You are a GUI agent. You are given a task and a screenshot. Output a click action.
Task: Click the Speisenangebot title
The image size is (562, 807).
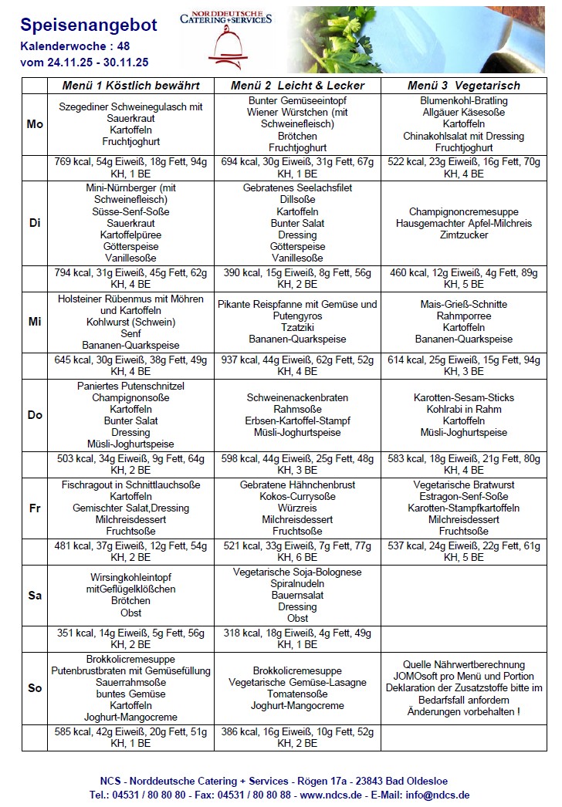click(x=89, y=25)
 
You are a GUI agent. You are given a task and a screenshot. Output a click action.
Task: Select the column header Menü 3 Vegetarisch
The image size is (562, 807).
click(x=463, y=86)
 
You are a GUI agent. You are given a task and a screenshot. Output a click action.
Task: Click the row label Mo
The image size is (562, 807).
click(x=35, y=124)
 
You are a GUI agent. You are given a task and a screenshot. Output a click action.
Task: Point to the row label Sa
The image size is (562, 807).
click(x=35, y=596)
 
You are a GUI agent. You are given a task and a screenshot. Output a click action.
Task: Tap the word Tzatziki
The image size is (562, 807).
click(x=297, y=328)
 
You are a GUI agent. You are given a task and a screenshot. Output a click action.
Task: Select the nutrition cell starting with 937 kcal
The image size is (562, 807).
click(x=297, y=365)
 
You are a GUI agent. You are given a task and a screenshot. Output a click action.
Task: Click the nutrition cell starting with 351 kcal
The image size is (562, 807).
click(x=130, y=638)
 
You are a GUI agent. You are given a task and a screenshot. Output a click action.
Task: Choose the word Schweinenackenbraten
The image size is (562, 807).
click(x=297, y=398)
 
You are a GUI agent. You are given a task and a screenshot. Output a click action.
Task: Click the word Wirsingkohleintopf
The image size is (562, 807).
click(x=131, y=578)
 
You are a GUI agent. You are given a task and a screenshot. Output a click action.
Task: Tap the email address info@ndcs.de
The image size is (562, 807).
click(x=438, y=795)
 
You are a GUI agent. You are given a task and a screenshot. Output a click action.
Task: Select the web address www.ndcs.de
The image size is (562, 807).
click(x=332, y=795)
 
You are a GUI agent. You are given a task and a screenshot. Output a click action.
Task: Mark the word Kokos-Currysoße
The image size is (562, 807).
click(x=297, y=497)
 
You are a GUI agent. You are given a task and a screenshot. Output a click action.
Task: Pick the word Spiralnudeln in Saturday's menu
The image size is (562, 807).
click(x=297, y=584)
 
